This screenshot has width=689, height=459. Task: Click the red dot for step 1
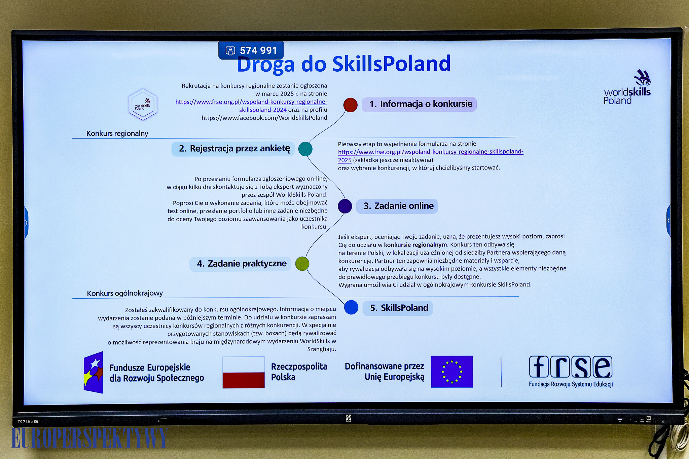pos(350,105)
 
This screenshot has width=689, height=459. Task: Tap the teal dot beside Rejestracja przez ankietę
pos(305,149)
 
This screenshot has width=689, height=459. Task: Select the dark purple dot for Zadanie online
pos(345,206)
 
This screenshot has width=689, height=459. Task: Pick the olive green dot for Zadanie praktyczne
pos(302,264)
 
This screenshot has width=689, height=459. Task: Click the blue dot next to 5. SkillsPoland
pos(351,307)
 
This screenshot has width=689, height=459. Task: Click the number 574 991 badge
pos(251,50)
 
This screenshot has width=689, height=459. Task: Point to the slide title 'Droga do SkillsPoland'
pos(343,64)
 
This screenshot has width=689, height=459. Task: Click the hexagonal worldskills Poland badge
pos(143,105)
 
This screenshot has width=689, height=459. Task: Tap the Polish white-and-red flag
pos(244,372)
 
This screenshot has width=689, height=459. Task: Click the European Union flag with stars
pos(452,372)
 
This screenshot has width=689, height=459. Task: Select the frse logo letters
pos(571,367)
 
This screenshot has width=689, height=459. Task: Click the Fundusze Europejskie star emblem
pos(93,372)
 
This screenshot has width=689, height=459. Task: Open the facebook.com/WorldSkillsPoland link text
pos(264,118)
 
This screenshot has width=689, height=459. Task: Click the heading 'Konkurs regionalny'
pos(117,133)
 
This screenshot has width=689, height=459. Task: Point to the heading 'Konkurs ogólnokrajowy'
pos(125,293)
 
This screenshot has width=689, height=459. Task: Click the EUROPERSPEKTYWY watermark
pos(89,438)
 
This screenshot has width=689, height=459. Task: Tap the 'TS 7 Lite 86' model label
pos(28,422)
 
